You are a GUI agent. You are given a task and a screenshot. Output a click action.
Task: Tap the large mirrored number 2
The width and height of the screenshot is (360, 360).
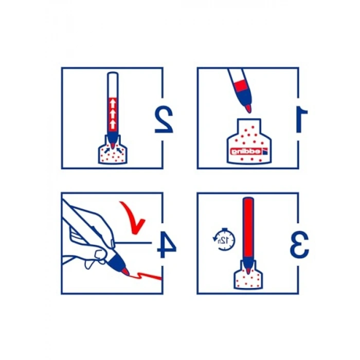pyautogui.click(x=164, y=120)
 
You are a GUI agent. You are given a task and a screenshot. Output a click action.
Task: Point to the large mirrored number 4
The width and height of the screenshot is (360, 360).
pyautogui.click(x=167, y=244)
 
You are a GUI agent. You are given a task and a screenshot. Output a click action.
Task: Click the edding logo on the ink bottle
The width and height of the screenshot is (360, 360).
pyautogui.click(x=249, y=151)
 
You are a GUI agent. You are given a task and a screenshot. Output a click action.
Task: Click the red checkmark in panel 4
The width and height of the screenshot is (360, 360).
pyautogui.click(x=133, y=217)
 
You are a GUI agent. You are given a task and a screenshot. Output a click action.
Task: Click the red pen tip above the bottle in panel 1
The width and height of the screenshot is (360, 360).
pyautogui.click(x=248, y=109)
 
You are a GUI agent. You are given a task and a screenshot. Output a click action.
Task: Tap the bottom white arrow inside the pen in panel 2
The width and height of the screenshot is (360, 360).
pyautogui.click(x=113, y=125)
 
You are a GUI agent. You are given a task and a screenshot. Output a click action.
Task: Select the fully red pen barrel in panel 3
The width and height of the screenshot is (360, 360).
pyautogui.click(x=248, y=227)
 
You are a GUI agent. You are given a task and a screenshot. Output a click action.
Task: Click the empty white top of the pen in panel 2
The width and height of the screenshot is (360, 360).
pyautogui.click(x=113, y=84)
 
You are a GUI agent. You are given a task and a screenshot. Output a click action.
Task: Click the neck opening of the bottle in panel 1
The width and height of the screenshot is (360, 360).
pyautogui.click(x=249, y=125)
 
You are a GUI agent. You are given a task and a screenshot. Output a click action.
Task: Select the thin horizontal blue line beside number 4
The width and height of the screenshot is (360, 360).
pyautogui.click(x=134, y=242)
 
